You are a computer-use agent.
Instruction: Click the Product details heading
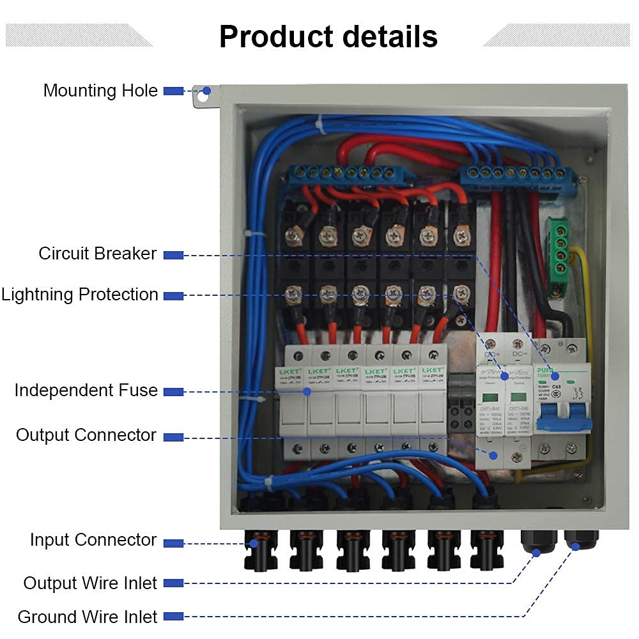pyautogui.click(x=328, y=36)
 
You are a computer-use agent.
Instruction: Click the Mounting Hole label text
pyautogui.click(x=100, y=91)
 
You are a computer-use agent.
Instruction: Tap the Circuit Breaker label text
pyautogui.click(x=97, y=254)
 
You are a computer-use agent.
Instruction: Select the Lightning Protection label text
pyautogui.click(x=79, y=295)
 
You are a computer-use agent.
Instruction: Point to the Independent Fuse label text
pyautogui.click(x=86, y=390)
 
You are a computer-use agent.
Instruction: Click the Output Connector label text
pyautogui.click(x=86, y=435)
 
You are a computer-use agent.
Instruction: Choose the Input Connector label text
pyautogui.click(x=93, y=540)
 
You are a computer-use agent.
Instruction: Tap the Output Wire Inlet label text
pyautogui.click(x=90, y=583)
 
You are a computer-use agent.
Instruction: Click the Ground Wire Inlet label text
pyautogui.click(x=87, y=617)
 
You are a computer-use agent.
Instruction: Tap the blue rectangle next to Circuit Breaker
pyautogui.click(x=173, y=254)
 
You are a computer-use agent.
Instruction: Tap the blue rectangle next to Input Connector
pyautogui.click(x=173, y=543)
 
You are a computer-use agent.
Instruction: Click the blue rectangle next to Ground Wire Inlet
pyautogui.click(x=173, y=617)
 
